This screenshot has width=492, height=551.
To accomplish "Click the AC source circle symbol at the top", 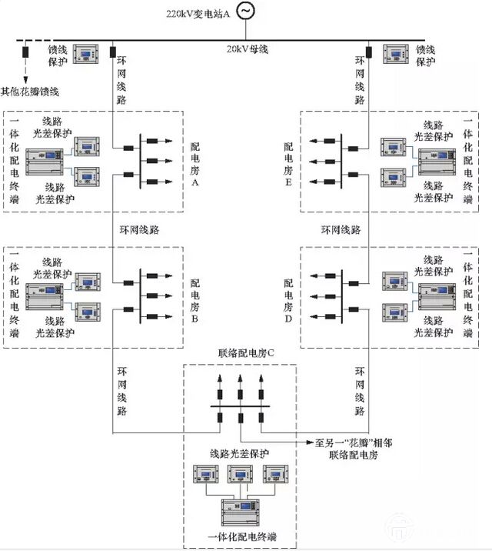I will coord(246,11).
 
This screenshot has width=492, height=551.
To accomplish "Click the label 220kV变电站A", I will coord(198,13).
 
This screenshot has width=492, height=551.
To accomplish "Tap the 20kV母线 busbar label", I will coord(245,49).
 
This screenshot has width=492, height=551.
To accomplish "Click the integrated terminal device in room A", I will coord(46,162).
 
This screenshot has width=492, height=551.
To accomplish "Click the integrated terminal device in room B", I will coord(46,296).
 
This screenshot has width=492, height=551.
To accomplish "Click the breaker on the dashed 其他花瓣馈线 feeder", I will coord(26,54).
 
